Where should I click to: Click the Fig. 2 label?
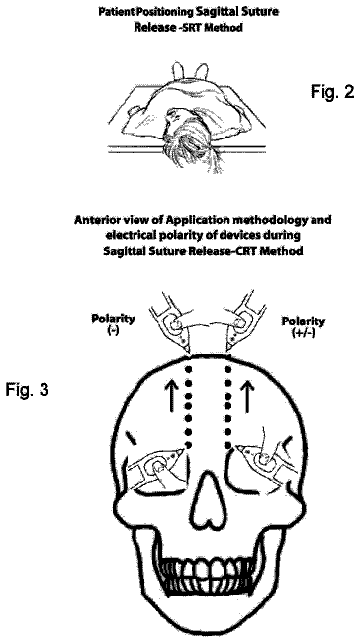[x=332, y=91]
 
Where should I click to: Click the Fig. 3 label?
[x=27, y=389]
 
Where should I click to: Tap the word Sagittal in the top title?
[x=218, y=12]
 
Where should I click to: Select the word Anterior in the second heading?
[x=93, y=220]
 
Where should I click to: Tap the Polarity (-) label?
[x=113, y=323]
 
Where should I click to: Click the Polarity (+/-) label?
[x=303, y=325]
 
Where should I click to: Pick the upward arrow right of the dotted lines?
[x=246, y=396]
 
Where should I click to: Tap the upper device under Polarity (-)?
[x=172, y=323]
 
